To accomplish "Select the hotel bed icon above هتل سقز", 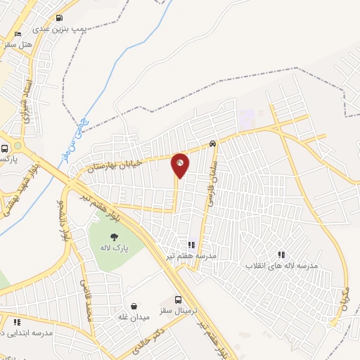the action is (x=18, y=33).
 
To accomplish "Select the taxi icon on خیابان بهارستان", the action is (x=212, y=144).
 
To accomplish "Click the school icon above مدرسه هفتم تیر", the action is (x=191, y=245).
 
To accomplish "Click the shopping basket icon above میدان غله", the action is (x=134, y=306).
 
